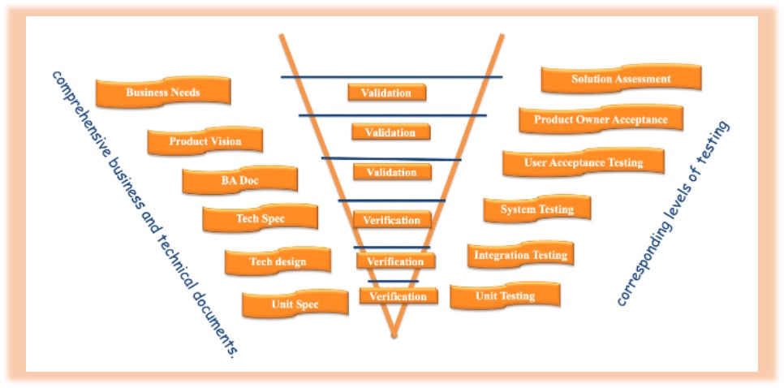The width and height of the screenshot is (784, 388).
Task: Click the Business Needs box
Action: point(163,93)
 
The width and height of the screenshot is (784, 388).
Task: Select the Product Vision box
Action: point(205,141)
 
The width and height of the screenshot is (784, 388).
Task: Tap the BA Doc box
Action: point(239,180)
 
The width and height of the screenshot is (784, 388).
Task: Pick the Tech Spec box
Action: point(260,218)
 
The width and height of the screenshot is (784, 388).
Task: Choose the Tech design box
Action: point(278,261)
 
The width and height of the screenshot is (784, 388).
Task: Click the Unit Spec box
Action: point(295,304)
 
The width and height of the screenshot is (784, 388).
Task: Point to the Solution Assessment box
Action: point(621,80)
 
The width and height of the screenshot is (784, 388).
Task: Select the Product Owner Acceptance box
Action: point(601,119)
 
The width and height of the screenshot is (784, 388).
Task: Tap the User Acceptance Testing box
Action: point(584,162)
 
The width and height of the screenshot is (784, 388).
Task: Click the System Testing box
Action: point(536,209)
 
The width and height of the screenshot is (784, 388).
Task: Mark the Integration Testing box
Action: point(520,255)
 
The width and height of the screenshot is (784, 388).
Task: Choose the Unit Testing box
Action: point(505,295)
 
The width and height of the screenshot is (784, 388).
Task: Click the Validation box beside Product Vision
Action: point(390,132)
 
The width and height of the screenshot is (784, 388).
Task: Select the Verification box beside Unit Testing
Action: point(398,296)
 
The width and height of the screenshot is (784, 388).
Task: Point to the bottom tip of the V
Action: point(394,333)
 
